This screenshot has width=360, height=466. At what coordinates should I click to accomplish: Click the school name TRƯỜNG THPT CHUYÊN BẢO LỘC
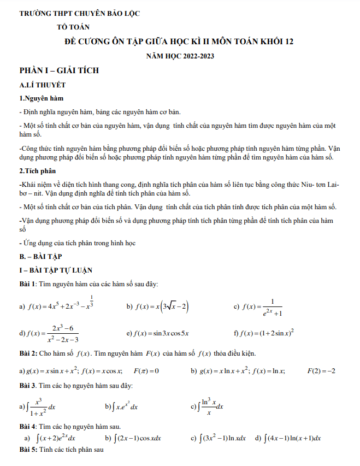click(x=79, y=13)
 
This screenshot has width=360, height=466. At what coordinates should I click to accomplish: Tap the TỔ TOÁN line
click(x=74, y=26)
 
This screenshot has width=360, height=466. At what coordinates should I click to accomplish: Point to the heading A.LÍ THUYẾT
click(x=42, y=85)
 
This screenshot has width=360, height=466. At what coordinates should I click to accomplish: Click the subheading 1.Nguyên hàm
click(x=42, y=98)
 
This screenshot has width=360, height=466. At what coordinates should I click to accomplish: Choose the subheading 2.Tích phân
click(x=38, y=170)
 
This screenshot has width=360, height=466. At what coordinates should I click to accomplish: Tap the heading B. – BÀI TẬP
click(x=40, y=256)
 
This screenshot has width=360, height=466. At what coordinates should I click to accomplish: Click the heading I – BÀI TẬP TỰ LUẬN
click(x=56, y=270)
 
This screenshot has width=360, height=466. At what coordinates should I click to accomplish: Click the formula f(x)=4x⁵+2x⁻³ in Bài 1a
click(x=61, y=306)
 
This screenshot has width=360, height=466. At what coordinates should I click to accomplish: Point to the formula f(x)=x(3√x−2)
click(x=162, y=307)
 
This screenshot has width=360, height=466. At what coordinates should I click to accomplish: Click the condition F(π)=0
click(x=146, y=371)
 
